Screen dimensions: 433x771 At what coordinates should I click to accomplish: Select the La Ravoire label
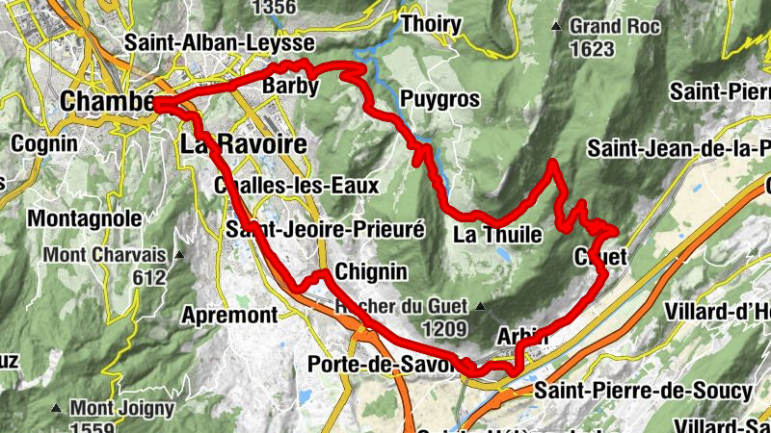click(x=243, y=144)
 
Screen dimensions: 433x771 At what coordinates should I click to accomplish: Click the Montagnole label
click(x=86, y=219)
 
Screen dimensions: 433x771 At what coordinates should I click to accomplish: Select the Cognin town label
click(x=44, y=143)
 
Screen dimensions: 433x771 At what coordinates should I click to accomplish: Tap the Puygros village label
click(x=439, y=99)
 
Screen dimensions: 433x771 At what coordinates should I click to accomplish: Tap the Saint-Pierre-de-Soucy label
click(x=643, y=391)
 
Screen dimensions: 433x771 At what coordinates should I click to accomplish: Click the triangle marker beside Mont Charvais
click(x=179, y=256)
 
